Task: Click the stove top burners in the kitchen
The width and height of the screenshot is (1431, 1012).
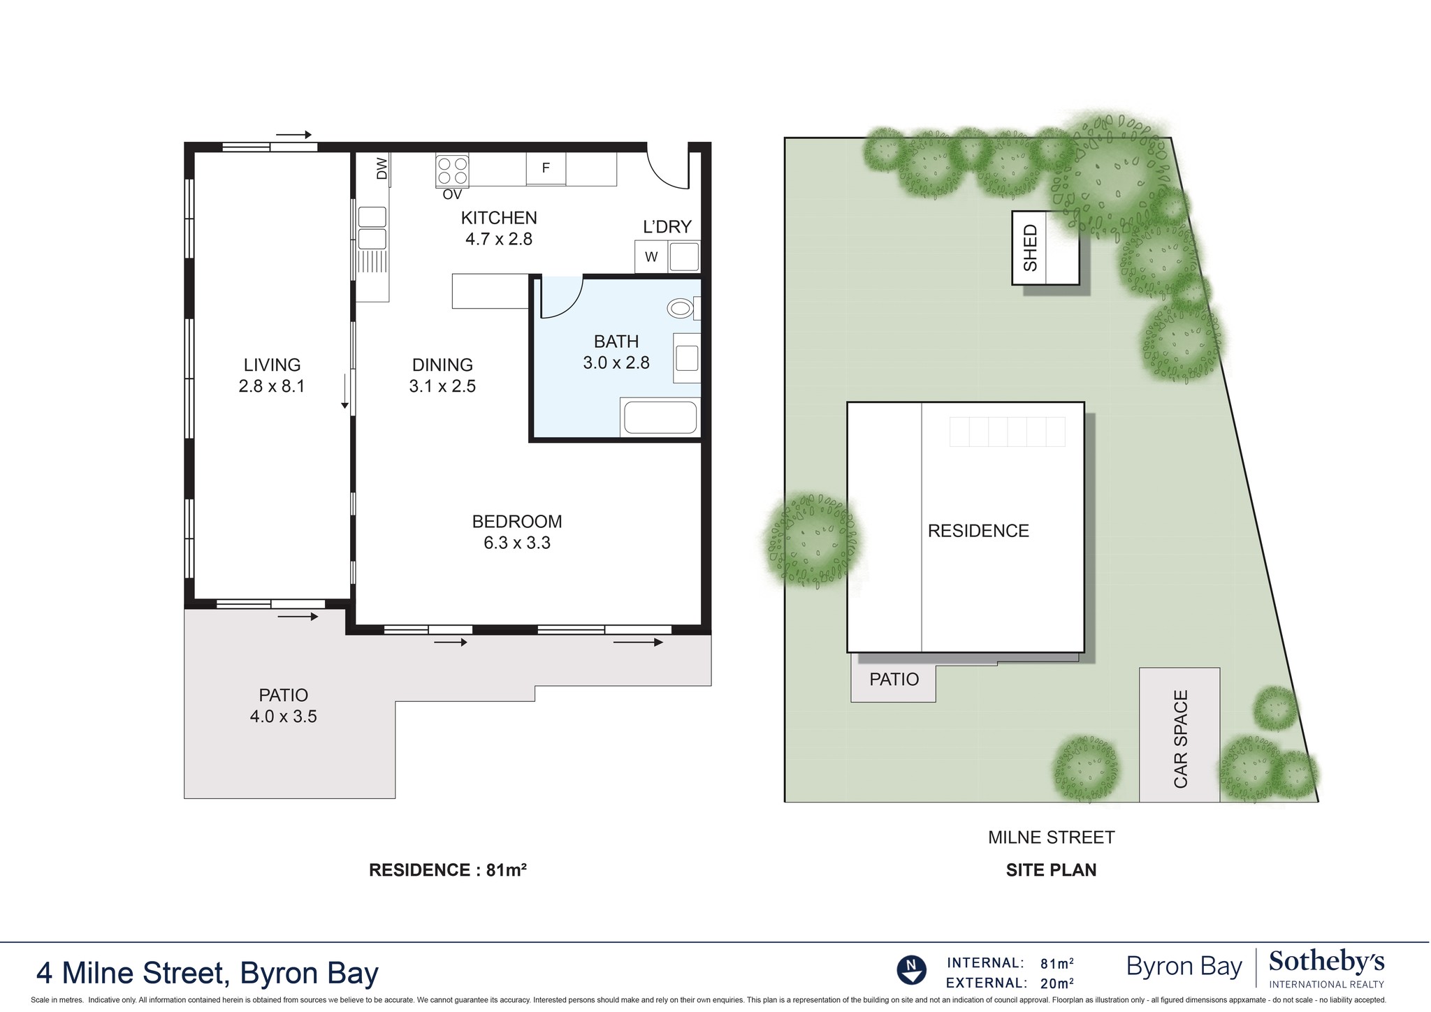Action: pos(452,170)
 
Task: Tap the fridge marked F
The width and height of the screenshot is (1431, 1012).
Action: pos(546,168)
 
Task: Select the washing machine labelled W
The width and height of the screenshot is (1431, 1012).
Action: pos(651,257)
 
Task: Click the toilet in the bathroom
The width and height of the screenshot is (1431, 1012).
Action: pos(681,308)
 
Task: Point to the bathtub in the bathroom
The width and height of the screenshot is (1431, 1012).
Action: pos(660,418)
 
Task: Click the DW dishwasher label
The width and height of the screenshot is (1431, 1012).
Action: pos(382,168)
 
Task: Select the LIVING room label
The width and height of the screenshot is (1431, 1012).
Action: pos(272,365)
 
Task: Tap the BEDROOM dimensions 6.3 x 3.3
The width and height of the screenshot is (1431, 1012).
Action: pos(517,543)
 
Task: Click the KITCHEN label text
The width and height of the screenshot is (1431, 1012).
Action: pos(499,218)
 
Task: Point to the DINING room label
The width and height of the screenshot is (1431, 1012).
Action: pos(442,365)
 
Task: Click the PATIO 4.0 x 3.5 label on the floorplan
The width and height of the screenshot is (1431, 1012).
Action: pos(283,705)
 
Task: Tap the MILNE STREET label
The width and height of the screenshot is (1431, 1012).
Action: pos(1051,837)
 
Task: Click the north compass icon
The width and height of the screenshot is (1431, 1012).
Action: pos(911,970)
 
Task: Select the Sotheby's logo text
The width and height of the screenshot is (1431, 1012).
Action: pos(1325,962)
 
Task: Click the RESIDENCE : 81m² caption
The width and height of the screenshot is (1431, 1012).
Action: pos(447,870)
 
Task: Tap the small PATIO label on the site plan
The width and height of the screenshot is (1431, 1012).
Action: pos(894,679)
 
